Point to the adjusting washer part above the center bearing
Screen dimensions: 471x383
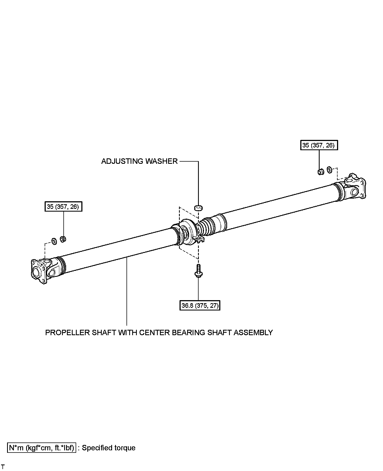(198, 208)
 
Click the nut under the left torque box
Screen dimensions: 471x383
(63, 239)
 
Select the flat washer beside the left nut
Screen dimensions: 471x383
(54, 241)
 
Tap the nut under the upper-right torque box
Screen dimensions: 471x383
(320, 172)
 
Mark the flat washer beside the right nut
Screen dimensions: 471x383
(329, 170)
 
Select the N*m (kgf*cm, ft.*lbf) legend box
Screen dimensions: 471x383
(42, 448)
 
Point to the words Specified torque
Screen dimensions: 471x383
(109, 448)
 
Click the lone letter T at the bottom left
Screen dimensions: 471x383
(3, 467)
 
